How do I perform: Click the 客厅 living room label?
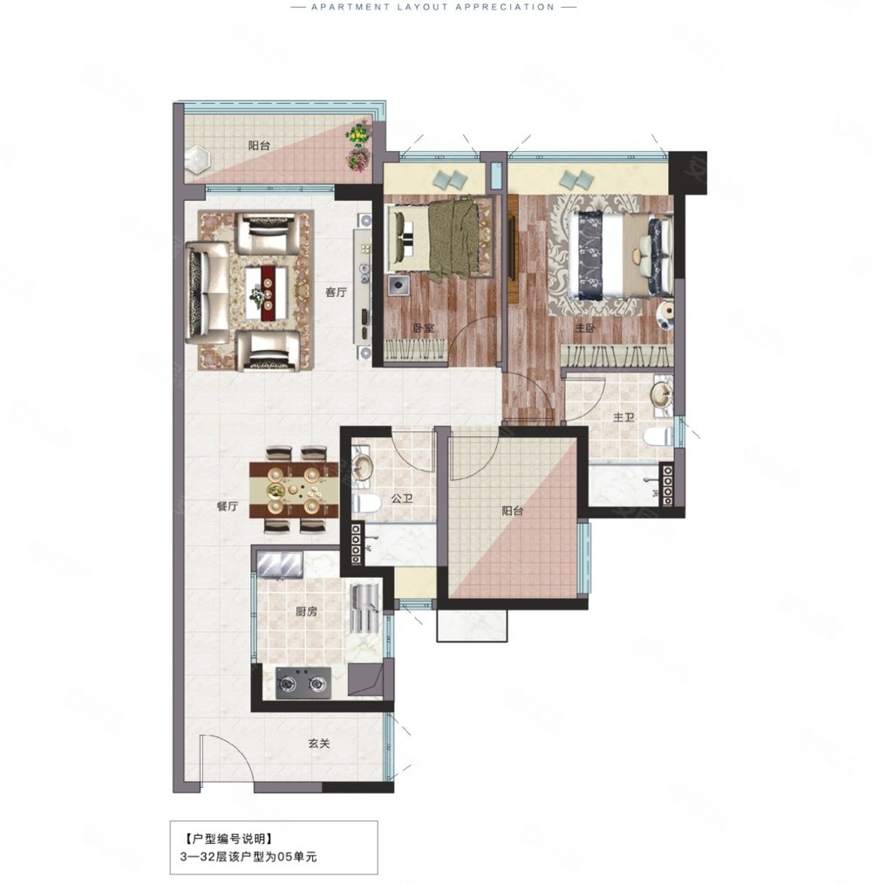[x=336, y=292]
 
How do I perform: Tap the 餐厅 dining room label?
[x=227, y=506]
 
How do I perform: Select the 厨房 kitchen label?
[x=306, y=612]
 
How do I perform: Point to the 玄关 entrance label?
[x=319, y=744]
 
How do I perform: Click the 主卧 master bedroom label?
[x=585, y=328]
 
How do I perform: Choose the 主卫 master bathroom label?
[x=623, y=418]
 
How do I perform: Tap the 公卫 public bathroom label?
[x=402, y=499]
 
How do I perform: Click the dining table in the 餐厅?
[x=294, y=490]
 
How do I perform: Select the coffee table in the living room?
[x=267, y=292]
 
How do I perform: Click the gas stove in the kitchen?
[x=303, y=683]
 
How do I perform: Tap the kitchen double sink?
[x=280, y=565]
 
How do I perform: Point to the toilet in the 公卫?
[x=366, y=503]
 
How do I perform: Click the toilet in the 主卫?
[x=658, y=436]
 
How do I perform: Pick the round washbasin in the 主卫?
[x=661, y=394]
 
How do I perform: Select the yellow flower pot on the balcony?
[x=358, y=135]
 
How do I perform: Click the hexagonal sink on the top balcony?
[x=196, y=159]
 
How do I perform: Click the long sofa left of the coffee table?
[x=208, y=292]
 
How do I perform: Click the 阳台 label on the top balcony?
[x=259, y=146]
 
